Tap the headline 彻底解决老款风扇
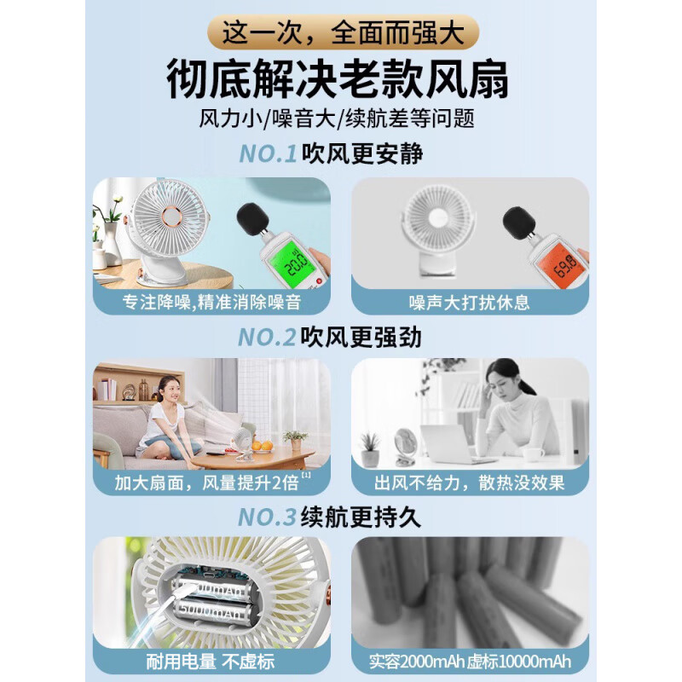341,81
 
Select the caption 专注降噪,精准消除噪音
211,303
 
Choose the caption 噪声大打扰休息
470,303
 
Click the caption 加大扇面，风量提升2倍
207,483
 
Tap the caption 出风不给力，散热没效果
470,483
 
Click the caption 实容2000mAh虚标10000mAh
470,661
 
